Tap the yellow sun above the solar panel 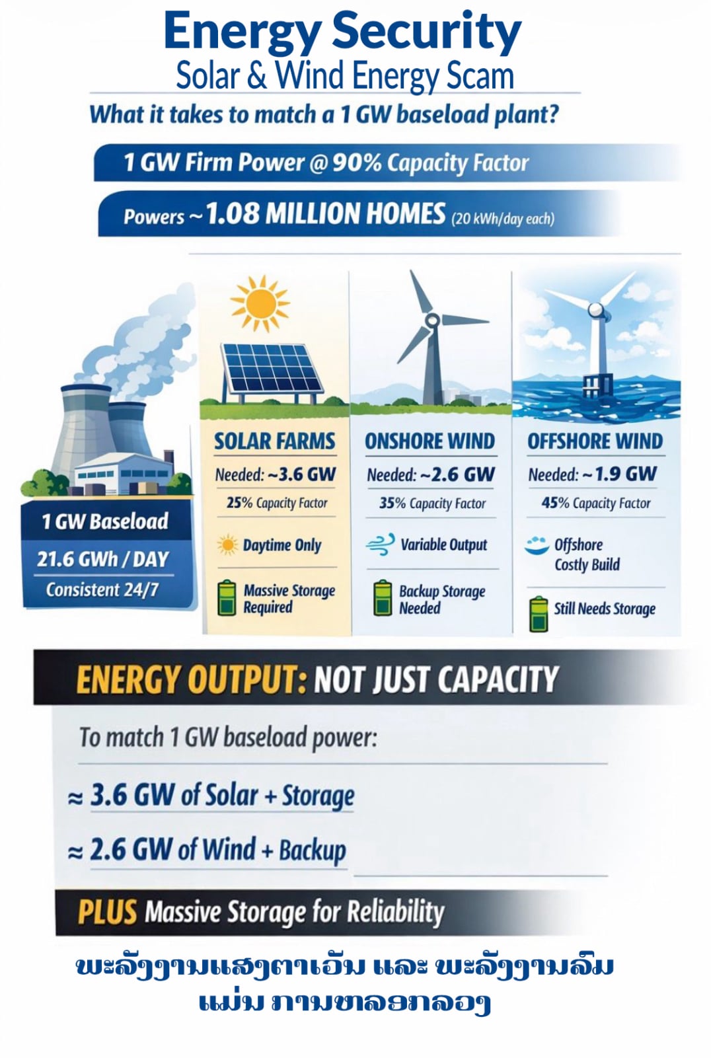259,304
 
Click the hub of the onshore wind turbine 431,321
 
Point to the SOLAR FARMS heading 274,441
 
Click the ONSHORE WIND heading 430,441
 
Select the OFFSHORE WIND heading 595,441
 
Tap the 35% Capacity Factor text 432,504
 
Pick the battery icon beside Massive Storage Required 227,598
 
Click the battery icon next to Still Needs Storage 539,613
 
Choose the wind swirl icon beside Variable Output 381,544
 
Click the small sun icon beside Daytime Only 228,545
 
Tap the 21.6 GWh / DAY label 103,559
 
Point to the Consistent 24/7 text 102,590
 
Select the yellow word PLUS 107,911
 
